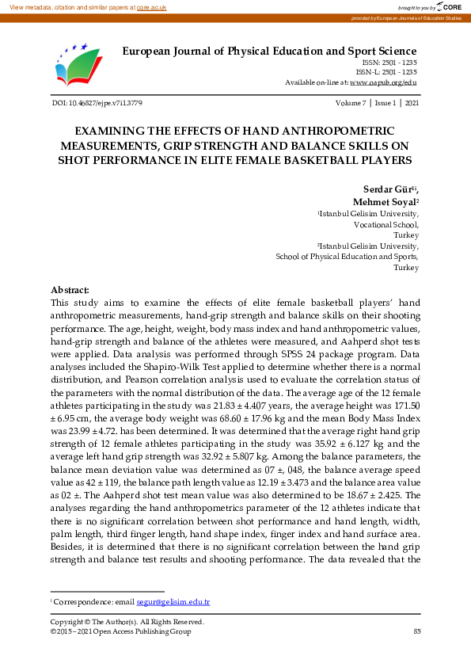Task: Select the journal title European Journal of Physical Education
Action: (269, 51)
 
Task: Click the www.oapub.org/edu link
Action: (383, 82)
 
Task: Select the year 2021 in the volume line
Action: (412, 104)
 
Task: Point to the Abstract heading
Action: (70, 291)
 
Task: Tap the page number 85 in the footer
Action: (416, 631)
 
